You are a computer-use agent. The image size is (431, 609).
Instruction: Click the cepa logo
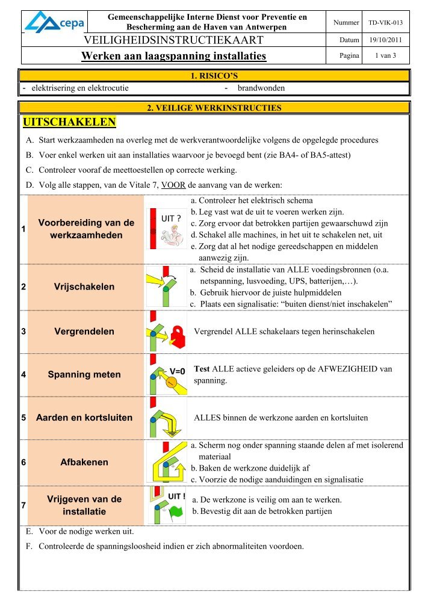click(x=54, y=22)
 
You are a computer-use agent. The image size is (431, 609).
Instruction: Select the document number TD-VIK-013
click(x=386, y=23)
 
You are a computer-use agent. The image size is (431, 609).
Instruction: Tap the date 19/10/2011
click(x=386, y=40)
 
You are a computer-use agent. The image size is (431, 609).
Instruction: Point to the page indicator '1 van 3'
click(x=386, y=56)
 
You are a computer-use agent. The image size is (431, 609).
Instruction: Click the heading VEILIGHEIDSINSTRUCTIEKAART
click(x=175, y=40)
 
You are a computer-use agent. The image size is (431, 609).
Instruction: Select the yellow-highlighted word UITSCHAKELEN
click(x=69, y=123)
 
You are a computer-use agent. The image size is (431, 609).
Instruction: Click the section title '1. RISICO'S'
click(x=215, y=76)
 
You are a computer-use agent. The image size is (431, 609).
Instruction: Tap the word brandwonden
click(x=261, y=88)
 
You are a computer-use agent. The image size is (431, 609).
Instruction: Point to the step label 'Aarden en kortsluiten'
click(x=84, y=418)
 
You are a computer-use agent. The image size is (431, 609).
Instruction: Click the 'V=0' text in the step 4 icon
click(x=178, y=371)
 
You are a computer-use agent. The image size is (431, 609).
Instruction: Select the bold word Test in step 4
click(x=202, y=368)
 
